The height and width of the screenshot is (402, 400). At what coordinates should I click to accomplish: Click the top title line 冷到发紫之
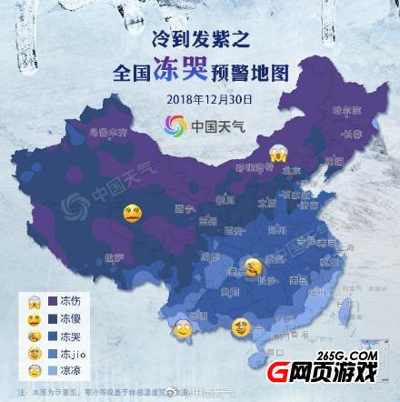[x=200, y=41]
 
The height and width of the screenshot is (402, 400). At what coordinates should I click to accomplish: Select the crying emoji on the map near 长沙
[x=253, y=266]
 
